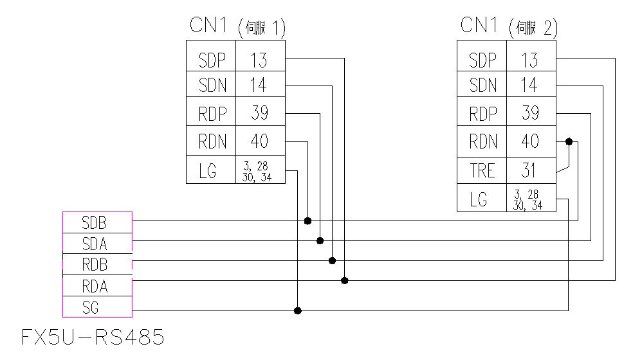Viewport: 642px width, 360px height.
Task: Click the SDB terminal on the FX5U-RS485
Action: tap(97, 222)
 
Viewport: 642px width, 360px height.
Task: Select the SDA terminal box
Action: tap(97, 243)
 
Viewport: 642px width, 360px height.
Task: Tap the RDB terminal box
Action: tap(97, 264)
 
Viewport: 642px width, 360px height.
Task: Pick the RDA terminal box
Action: tap(97, 285)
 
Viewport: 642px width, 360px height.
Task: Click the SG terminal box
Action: tap(97, 307)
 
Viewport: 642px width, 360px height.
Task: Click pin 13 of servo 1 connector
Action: tap(259, 60)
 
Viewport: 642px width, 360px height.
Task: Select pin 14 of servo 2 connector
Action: tap(530, 85)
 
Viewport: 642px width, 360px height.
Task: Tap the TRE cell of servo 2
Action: tap(482, 170)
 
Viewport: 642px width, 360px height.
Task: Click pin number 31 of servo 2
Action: tap(530, 170)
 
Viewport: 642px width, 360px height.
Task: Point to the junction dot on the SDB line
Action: tap(307, 221)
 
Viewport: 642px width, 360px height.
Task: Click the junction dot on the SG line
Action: tap(297, 310)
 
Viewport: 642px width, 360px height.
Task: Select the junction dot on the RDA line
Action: tap(345, 280)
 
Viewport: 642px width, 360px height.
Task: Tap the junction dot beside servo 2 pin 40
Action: tap(569, 141)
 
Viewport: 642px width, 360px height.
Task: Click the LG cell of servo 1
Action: tap(211, 170)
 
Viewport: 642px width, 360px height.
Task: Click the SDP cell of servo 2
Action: tap(482, 60)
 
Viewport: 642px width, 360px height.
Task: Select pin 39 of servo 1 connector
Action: tap(259, 113)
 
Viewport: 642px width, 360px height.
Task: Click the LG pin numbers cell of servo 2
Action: tap(530, 199)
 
